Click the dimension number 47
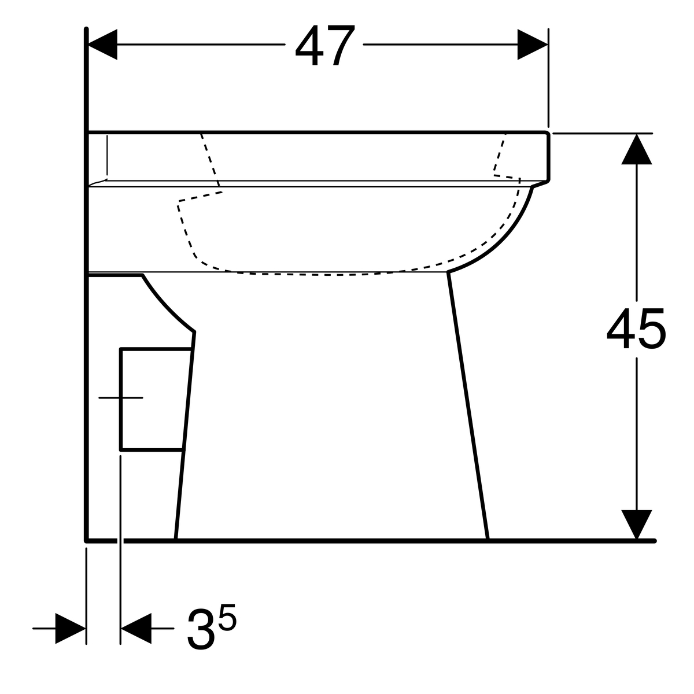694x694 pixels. point(324,46)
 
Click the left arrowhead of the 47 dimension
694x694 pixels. point(102,45)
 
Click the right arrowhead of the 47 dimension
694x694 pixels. point(532,45)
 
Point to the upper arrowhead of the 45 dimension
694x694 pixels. point(636,150)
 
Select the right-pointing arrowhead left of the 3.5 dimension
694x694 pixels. point(71,628)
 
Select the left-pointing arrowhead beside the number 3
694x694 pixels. point(136,628)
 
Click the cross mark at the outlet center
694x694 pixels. point(120,398)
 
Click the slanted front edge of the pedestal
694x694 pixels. point(468,405)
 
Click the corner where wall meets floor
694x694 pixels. point(87,540)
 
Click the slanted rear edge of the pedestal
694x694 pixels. point(185,434)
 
